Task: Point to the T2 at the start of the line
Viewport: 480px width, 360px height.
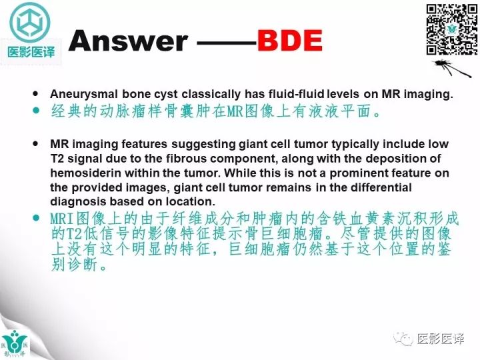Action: point(58,158)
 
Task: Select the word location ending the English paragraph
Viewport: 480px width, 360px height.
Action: point(194,201)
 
